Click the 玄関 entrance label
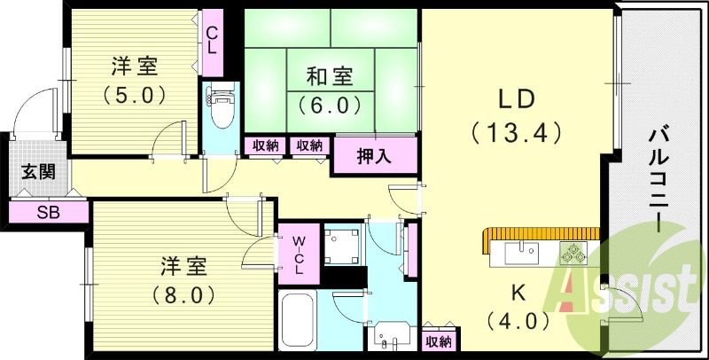[38, 171]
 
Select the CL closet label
[213, 40]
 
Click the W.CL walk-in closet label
[299, 254]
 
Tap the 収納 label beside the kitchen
[438, 340]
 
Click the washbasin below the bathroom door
[389, 337]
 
